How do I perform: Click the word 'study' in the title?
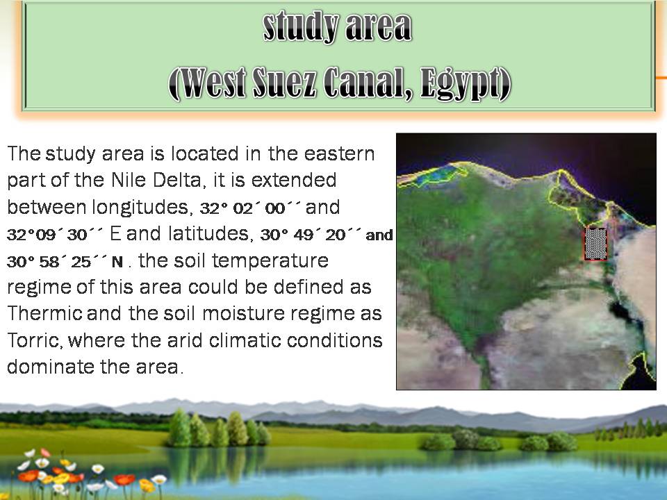[x=301, y=27]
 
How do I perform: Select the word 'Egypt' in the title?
[x=466, y=84]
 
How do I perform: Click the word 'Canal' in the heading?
[x=368, y=83]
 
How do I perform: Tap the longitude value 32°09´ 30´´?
[x=54, y=234]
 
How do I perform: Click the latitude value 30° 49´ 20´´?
[x=310, y=234]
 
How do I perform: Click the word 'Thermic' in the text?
[x=44, y=314]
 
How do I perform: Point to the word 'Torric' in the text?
[x=35, y=340]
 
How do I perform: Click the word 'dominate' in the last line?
[x=50, y=367]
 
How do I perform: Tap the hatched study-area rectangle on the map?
[x=595, y=244]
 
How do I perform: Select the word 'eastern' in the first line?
[x=339, y=154]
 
